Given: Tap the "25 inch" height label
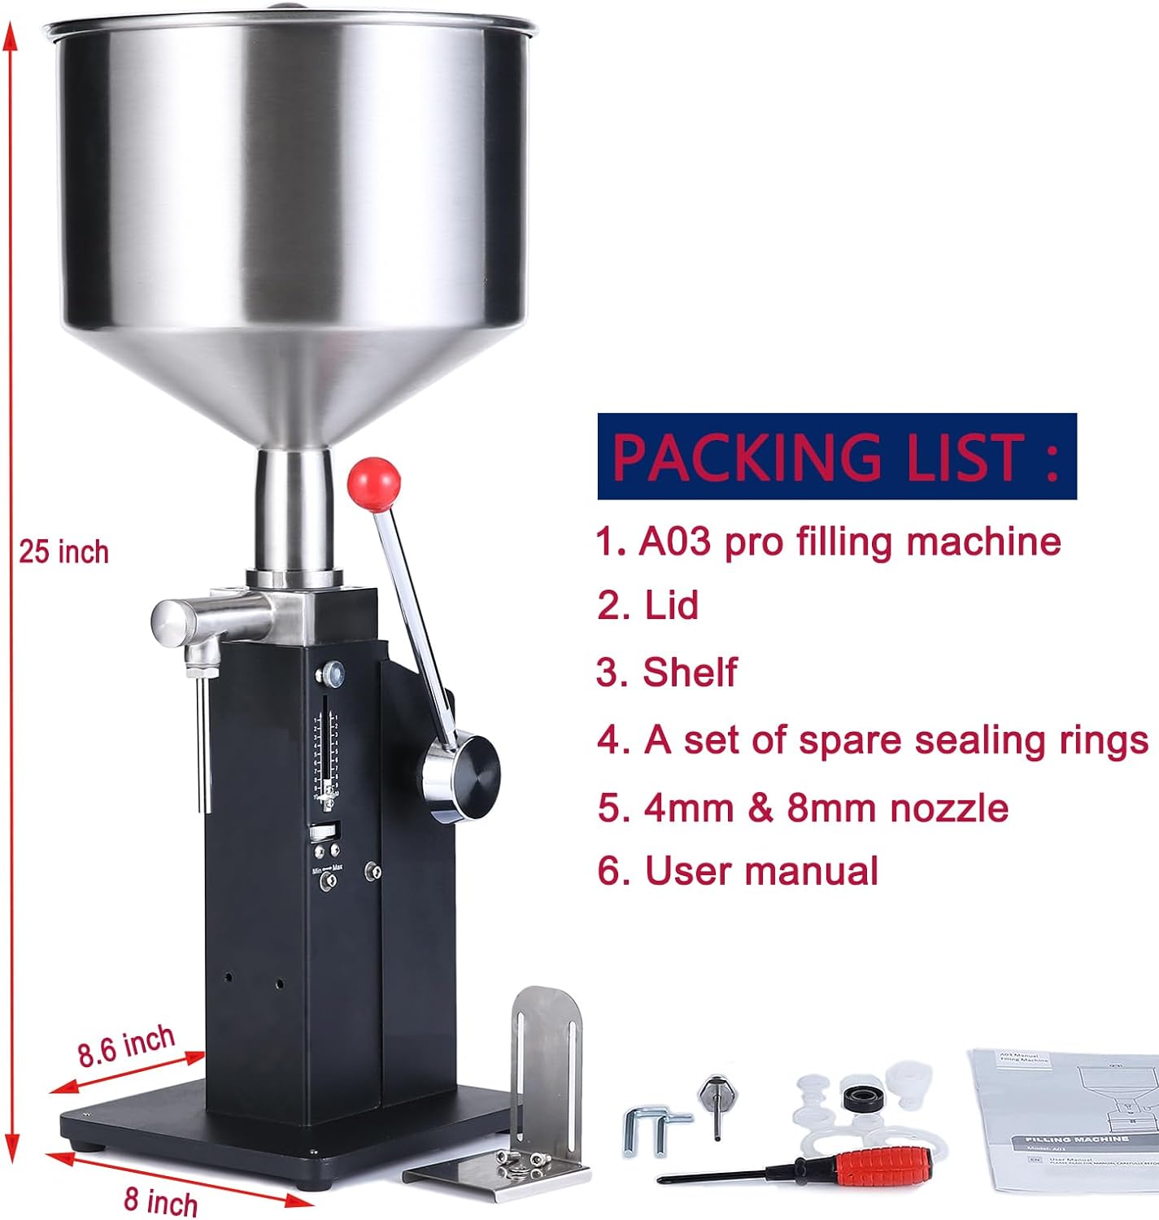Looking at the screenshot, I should [64, 552].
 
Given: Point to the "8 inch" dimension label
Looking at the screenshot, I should [161, 1201].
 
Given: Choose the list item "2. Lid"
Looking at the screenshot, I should [648, 606].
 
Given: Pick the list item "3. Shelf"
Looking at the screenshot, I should [667, 673].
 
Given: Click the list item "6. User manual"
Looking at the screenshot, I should [738, 871].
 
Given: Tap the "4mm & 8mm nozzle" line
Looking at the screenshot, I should [803, 808].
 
